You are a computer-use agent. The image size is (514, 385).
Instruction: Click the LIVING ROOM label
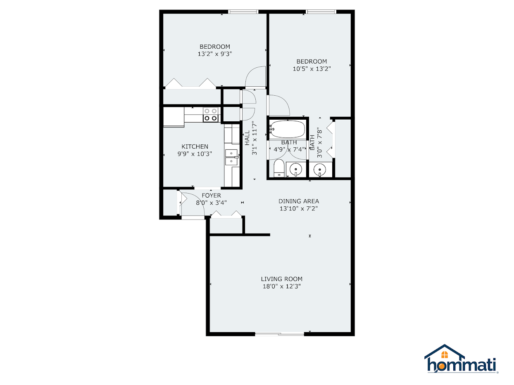point(281,279)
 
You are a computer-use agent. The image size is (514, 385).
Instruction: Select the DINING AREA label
point(299,201)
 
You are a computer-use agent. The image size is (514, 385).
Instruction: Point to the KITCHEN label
point(195,146)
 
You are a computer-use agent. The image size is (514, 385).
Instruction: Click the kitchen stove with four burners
point(211,114)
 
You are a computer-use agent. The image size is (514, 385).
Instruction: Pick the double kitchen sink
point(231,157)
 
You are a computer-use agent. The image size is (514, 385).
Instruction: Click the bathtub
point(288,130)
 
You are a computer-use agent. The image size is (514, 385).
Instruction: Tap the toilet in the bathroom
point(279,168)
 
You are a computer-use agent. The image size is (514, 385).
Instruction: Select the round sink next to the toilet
point(296,169)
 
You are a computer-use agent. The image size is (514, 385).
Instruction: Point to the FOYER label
point(211,195)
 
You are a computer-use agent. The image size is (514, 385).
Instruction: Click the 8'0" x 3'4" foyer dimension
point(211,203)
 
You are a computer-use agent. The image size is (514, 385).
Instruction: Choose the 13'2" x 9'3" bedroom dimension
point(215,54)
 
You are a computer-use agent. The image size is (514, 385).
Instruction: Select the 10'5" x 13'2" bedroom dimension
point(312,69)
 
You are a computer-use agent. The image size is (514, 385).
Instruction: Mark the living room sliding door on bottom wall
point(279,334)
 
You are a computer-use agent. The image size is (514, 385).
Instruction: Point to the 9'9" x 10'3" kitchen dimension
point(195,154)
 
